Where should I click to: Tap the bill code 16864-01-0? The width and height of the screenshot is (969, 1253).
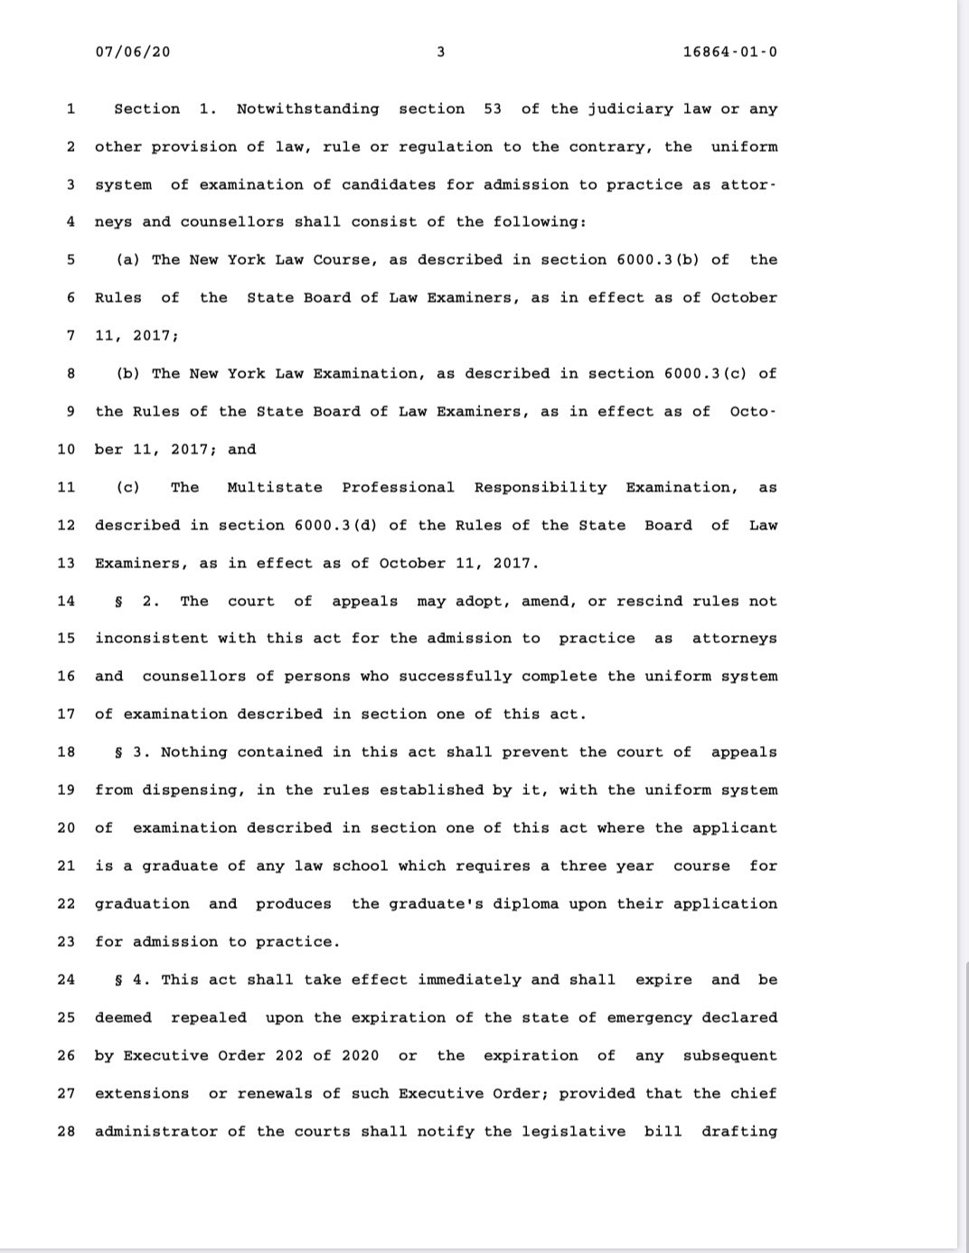(730, 51)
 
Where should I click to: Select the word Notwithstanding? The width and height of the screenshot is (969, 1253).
(307, 109)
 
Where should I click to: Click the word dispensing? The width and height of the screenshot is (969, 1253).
(189, 790)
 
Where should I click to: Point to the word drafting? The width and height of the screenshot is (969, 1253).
(739, 1132)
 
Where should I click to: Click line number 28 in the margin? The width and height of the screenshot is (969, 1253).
(65, 1132)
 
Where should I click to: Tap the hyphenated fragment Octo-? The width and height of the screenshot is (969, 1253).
(752, 412)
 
